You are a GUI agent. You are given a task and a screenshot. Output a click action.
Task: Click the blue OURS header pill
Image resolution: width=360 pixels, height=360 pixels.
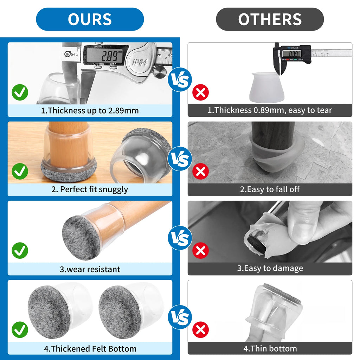[90, 19]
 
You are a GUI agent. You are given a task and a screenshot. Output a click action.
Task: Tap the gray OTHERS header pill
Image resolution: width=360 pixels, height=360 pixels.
[270, 19]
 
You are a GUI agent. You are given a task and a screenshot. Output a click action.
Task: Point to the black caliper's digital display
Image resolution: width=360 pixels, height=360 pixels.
[291, 54]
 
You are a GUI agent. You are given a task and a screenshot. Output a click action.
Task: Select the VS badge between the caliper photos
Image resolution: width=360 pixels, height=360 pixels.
[180, 80]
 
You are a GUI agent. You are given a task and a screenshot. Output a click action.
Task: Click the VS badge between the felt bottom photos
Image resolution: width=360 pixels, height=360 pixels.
[180, 317]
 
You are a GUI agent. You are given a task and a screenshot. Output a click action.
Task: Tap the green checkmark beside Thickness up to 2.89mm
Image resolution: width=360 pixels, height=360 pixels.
[20, 92]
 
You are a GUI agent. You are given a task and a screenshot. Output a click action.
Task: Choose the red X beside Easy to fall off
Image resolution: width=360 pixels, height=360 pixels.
[200, 171]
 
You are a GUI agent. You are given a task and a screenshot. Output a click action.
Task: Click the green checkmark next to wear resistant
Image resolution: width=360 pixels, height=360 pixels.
[20, 250]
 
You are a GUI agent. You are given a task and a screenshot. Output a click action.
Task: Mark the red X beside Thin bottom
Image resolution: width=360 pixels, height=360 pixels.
[200, 330]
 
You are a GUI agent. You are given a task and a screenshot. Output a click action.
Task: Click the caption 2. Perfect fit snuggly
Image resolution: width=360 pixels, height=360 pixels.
[90, 189]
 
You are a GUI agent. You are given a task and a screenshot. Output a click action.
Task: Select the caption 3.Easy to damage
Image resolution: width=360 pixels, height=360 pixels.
[270, 268]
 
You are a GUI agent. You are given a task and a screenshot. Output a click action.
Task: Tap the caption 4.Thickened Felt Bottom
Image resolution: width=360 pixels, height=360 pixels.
[90, 349]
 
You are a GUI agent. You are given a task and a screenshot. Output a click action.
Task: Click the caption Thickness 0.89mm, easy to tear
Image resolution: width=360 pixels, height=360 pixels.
[270, 110]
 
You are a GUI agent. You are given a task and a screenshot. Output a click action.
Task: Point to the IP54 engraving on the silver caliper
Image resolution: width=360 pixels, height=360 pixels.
[140, 62]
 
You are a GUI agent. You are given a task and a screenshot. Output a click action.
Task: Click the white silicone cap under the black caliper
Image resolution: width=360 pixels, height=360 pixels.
[267, 87]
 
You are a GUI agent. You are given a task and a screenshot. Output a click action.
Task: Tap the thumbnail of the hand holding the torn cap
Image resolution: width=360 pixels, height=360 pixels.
[270, 232]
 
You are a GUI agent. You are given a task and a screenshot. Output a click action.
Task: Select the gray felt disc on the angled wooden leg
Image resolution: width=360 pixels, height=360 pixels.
[81, 238]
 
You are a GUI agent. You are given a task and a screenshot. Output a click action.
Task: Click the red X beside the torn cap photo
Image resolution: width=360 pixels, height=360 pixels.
[200, 250]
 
